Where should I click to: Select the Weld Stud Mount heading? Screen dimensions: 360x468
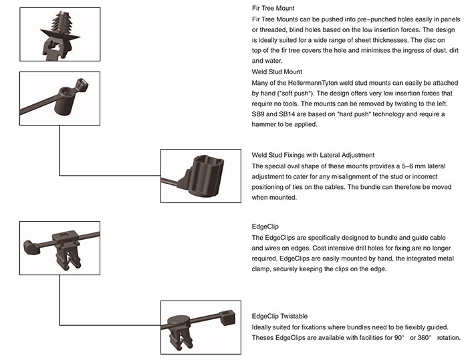click(x=275, y=71)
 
